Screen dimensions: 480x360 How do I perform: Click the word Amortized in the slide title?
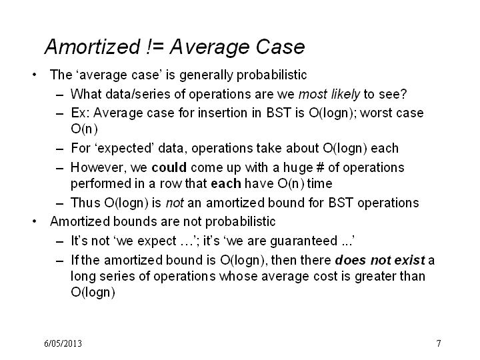pos(93,47)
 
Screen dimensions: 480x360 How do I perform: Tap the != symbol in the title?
pos(155,47)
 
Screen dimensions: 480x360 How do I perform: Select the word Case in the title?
pos(280,47)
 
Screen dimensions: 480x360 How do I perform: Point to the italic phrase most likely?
pos(329,94)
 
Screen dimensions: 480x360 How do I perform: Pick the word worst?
pos(375,113)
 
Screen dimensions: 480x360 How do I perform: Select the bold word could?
pos(169,167)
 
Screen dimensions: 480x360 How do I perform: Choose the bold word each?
pos(226,184)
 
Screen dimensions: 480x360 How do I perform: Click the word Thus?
pos(85,203)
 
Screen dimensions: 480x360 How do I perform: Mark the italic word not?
pos(175,203)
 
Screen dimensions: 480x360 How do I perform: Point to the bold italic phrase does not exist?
pos(380,260)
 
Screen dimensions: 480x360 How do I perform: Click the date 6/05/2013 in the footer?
pos(63,343)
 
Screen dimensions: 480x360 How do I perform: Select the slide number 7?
pos(439,343)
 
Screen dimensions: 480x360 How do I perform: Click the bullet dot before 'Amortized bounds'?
pos(34,221)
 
